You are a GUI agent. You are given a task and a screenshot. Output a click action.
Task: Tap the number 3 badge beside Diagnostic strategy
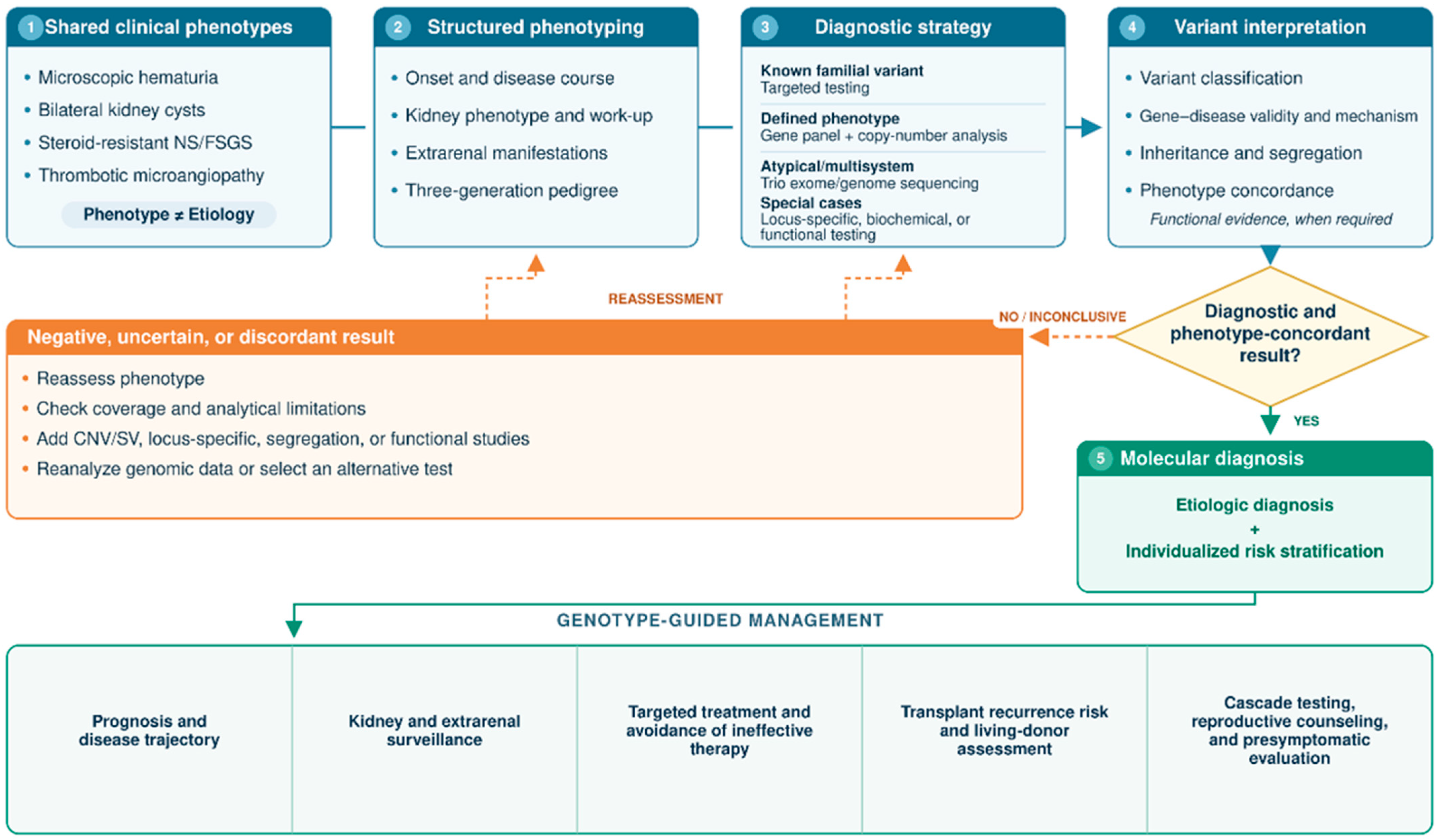[765, 27]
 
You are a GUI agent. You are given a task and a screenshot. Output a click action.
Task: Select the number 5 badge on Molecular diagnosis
[1100, 458]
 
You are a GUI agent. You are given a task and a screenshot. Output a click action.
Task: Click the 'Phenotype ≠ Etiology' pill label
[169, 215]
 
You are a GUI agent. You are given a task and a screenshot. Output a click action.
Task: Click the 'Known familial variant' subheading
[842, 71]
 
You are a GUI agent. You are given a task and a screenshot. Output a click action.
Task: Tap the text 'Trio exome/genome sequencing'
[869, 183]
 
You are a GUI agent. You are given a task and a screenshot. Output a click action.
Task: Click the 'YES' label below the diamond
[1306, 421]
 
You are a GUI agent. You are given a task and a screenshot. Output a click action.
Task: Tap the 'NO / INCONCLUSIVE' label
[1062, 317]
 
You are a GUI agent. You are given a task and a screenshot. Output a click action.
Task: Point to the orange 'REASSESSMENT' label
[665, 299]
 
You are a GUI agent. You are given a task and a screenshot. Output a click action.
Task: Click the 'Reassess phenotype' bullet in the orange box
[120, 378]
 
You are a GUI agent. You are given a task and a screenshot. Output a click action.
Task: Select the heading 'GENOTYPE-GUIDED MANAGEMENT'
[720, 620]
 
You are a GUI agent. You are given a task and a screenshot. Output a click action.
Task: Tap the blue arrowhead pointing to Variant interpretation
[1091, 127]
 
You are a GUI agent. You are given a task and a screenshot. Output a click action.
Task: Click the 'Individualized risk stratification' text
[1254, 551]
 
